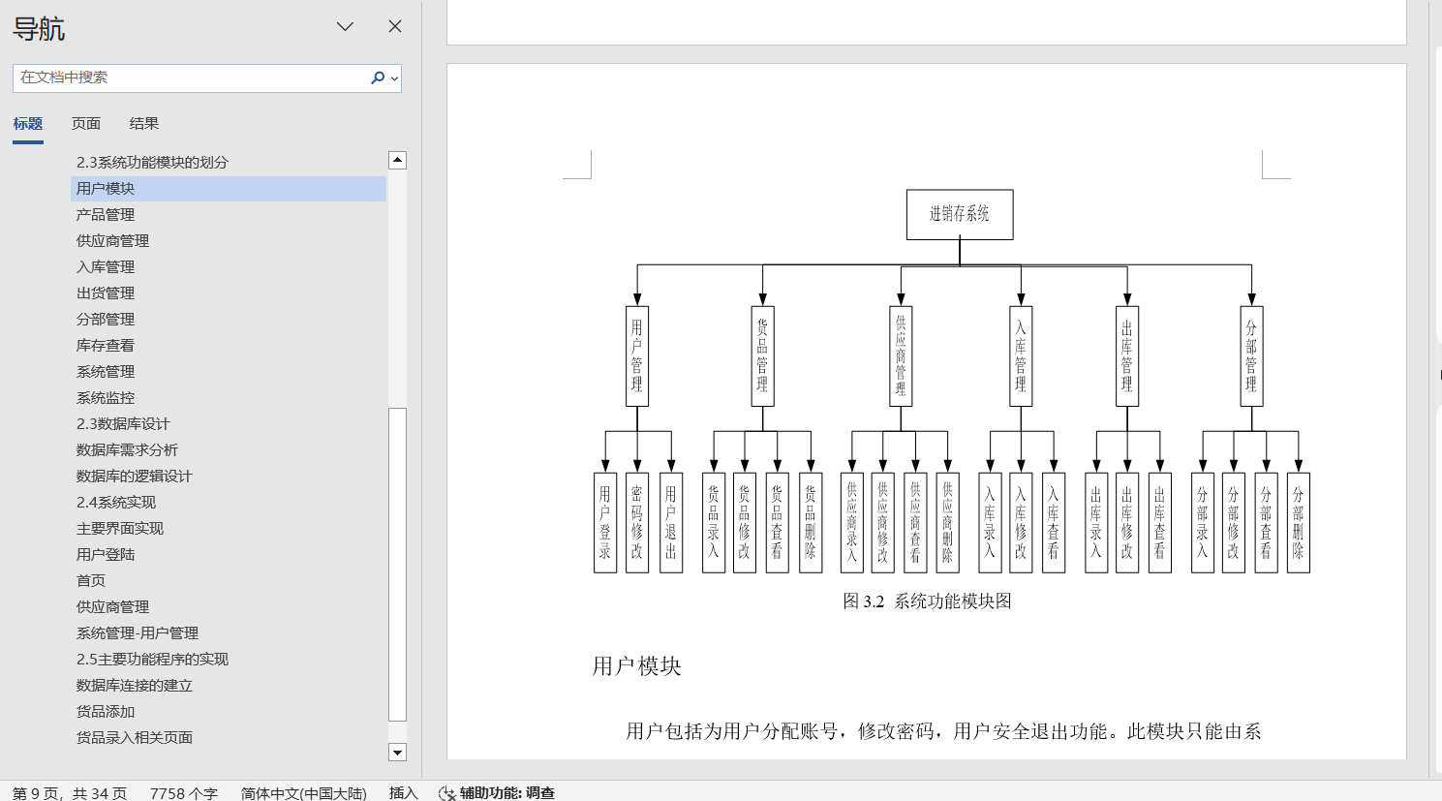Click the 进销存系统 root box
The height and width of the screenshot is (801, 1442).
tap(959, 214)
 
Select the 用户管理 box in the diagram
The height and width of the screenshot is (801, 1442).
tap(636, 356)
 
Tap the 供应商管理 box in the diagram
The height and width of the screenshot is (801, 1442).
tap(901, 356)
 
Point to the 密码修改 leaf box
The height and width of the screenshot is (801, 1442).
tap(636, 523)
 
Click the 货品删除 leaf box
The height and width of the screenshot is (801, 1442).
tap(811, 523)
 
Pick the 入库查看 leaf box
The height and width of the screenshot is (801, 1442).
tap(1054, 523)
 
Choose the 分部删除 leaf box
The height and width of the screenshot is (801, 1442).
tap(1298, 523)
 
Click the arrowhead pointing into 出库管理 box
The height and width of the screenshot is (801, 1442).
tap(1127, 299)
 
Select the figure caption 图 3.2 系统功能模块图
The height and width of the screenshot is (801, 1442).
tap(927, 601)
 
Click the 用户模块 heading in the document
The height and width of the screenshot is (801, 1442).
tap(636, 665)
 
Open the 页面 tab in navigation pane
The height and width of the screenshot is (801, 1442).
tap(85, 124)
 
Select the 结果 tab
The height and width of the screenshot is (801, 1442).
tap(143, 124)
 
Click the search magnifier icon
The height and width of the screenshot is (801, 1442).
tap(378, 77)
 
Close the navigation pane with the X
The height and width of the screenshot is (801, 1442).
tap(394, 26)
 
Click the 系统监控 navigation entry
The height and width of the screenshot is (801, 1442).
tap(106, 398)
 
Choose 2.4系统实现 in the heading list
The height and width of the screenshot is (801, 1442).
tap(116, 503)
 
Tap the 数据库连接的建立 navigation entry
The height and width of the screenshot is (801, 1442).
tap(135, 685)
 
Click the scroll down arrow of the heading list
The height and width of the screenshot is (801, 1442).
tap(397, 752)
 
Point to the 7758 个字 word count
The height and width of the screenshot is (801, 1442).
tap(183, 793)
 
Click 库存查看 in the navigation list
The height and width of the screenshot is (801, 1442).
tap(106, 346)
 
